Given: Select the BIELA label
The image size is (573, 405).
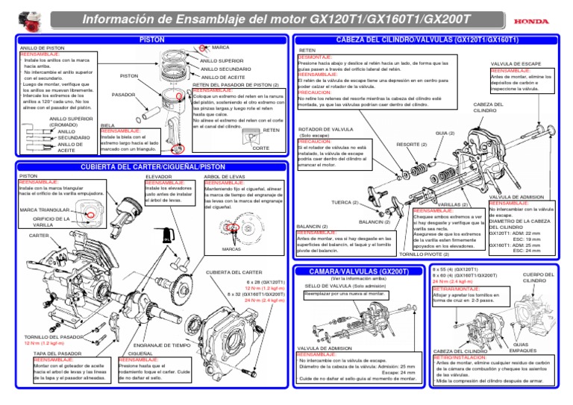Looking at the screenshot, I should coord(107,125).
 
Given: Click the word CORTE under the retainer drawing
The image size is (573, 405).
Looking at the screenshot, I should coord(260,148).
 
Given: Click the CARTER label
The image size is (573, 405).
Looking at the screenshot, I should coord(38,235).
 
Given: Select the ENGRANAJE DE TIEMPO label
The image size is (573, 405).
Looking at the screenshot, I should coord(166,345).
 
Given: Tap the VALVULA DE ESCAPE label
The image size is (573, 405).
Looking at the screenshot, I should coord(516,64).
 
